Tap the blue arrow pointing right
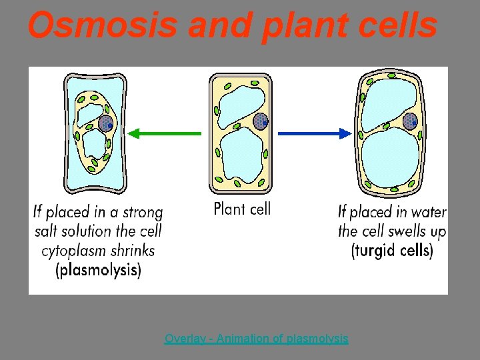click(x=313, y=133)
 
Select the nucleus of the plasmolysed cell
click(x=105, y=123)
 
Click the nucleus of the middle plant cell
click(x=261, y=121)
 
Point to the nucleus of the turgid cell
click(x=409, y=121)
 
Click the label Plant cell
click(x=242, y=209)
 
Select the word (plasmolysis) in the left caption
click(x=98, y=271)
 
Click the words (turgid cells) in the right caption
click(x=392, y=251)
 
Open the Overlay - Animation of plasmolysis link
click(x=256, y=339)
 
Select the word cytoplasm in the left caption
click(x=73, y=251)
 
